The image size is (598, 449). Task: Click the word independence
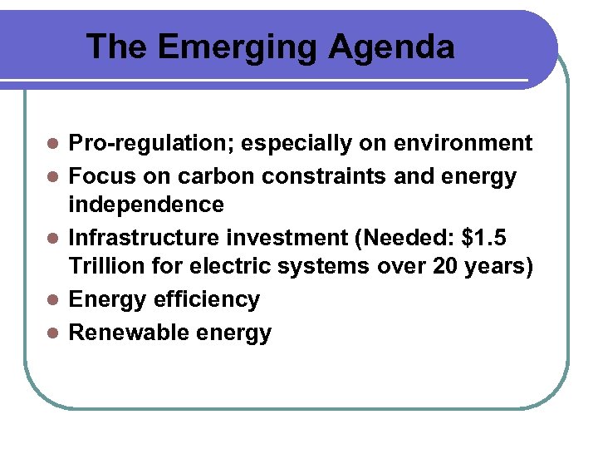146,205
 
